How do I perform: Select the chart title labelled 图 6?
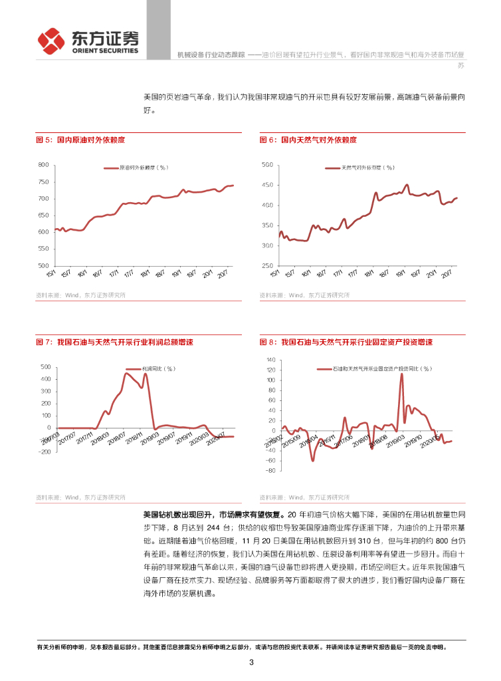(x=308, y=140)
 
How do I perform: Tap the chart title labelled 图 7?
(x=114, y=342)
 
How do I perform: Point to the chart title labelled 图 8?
(x=346, y=342)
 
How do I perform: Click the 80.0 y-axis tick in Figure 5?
(x=43, y=165)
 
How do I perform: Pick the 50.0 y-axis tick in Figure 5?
(x=43, y=266)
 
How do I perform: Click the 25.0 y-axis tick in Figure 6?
(x=268, y=266)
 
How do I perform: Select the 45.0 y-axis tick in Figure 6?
(x=268, y=185)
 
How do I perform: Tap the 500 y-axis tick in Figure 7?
(x=46, y=367)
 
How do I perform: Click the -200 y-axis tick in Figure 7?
(x=44, y=452)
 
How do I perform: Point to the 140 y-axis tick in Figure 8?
(x=270, y=360)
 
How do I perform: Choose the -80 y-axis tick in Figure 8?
(x=270, y=471)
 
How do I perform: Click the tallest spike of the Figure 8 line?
(x=401, y=374)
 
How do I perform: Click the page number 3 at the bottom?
(x=251, y=662)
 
